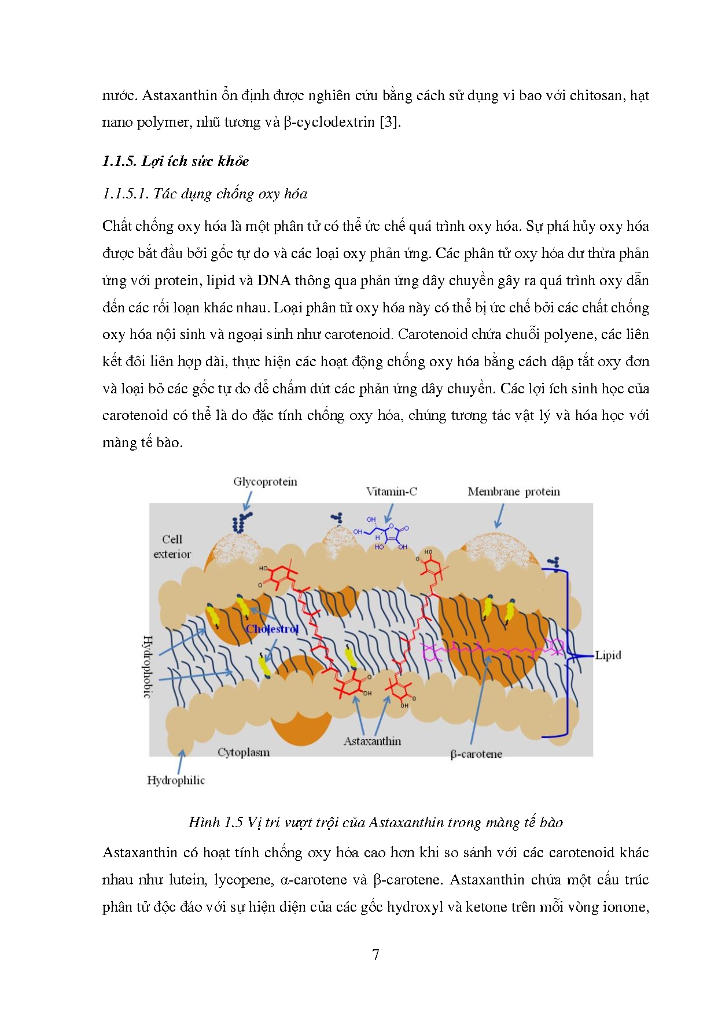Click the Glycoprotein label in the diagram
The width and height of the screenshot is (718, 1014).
click(x=265, y=482)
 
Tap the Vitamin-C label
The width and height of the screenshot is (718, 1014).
click(x=391, y=492)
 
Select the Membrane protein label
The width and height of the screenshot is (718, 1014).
click(x=513, y=492)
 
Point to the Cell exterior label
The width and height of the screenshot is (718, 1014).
click(x=172, y=547)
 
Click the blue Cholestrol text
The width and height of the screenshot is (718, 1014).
click(x=272, y=629)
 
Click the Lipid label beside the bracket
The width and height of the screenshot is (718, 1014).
click(x=607, y=655)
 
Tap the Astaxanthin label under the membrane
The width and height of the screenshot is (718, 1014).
click(x=372, y=741)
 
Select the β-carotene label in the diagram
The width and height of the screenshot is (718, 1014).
click(x=476, y=754)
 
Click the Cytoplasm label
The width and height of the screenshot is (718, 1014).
click(x=244, y=752)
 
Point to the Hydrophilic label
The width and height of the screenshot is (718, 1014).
click(x=176, y=780)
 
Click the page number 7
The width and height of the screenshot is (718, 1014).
click(x=375, y=954)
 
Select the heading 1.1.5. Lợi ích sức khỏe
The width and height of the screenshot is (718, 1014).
click(x=175, y=161)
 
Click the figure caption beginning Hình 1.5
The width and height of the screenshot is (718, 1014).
click(x=375, y=822)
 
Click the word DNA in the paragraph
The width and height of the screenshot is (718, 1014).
click(x=274, y=281)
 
